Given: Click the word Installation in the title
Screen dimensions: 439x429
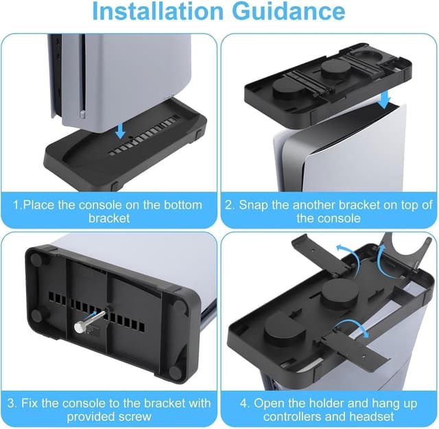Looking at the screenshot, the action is pos(158,11).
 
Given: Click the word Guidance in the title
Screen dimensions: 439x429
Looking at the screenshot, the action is pos(289,12).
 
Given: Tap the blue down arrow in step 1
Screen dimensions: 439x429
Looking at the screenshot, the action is pos(121,130).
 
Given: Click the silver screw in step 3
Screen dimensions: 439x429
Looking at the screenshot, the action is pos(90,320).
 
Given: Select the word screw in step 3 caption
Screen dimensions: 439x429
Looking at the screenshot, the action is pos(135,417).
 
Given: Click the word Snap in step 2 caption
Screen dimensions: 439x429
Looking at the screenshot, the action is pos(253,205).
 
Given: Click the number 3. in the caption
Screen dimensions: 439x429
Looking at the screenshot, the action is pos(12,403).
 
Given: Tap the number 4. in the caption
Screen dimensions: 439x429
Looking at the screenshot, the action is pos(245,404).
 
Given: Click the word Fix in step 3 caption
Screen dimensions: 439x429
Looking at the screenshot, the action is pos(29,403).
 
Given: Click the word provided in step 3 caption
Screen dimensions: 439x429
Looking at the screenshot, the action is pos(91,417).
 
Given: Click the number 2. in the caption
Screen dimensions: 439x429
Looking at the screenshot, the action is pos(230,205).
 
